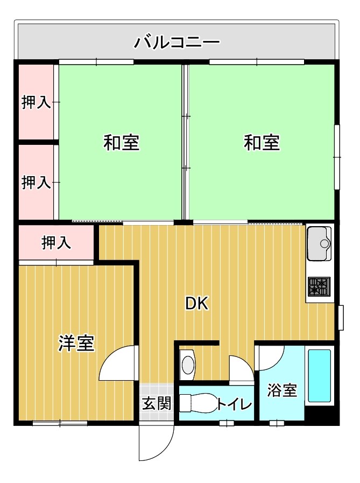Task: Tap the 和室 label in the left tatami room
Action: [x=122, y=143]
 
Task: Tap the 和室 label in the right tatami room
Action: [x=262, y=143]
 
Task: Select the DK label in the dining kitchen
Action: [x=197, y=304]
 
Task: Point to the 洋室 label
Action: [x=76, y=343]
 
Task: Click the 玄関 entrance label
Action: [x=157, y=403]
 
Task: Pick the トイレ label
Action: [x=235, y=403]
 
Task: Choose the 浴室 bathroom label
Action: [x=283, y=390]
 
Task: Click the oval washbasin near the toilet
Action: [x=188, y=365]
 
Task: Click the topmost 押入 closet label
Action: [x=36, y=103]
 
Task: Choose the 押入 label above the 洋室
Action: [x=57, y=243]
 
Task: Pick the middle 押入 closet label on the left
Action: [x=36, y=183]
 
